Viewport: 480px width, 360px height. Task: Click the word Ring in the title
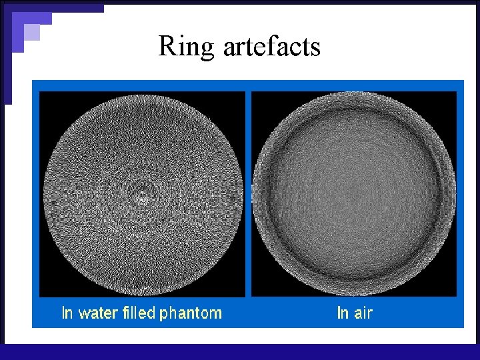187,47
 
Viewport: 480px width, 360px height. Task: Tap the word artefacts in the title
271,47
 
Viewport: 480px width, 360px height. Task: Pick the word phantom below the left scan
189,313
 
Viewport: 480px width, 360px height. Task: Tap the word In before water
67,312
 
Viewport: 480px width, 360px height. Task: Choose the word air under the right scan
363,312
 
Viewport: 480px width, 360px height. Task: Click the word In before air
343,312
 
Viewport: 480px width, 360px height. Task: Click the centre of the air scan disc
354,194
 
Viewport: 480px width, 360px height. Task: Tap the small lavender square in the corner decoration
31,32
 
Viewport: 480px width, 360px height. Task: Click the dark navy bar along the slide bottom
240,352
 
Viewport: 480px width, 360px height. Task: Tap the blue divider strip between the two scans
248,193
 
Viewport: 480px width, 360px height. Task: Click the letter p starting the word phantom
162,314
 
